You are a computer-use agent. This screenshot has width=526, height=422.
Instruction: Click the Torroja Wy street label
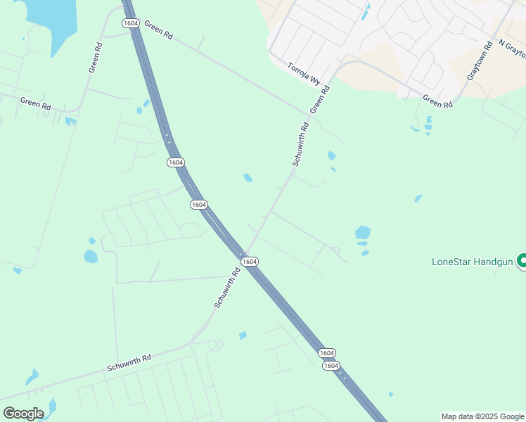click(x=304, y=74)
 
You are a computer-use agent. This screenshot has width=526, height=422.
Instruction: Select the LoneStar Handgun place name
click(x=472, y=262)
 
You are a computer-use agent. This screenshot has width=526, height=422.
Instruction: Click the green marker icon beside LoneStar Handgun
click(x=522, y=261)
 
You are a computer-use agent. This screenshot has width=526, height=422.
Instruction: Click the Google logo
click(x=23, y=413)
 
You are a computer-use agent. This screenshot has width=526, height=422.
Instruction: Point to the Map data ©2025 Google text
click(x=482, y=416)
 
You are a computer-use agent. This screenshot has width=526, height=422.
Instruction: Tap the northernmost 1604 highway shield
click(x=130, y=23)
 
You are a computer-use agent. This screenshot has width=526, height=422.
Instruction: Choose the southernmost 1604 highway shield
click(x=331, y=366)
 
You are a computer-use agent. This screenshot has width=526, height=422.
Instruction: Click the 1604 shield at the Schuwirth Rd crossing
click(x=249, y=261)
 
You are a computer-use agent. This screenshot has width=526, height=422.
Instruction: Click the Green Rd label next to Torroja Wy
click(x=320, y=101)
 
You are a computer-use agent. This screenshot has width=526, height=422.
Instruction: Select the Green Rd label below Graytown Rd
click(x=437, y=102)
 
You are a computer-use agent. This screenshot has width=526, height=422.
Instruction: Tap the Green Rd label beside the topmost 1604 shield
click(x=158, y=28)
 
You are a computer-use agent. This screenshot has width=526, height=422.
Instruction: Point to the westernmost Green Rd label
click(x=35, y=103)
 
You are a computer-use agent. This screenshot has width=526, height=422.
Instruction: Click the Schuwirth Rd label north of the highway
click(x=300, y=144)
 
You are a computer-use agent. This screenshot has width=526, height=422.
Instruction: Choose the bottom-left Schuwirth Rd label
click(x=129, y=362)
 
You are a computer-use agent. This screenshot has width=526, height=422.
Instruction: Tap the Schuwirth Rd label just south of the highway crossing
click(x=227, y=289)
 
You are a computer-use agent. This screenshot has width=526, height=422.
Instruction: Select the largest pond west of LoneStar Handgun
click(x=362, y=232)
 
